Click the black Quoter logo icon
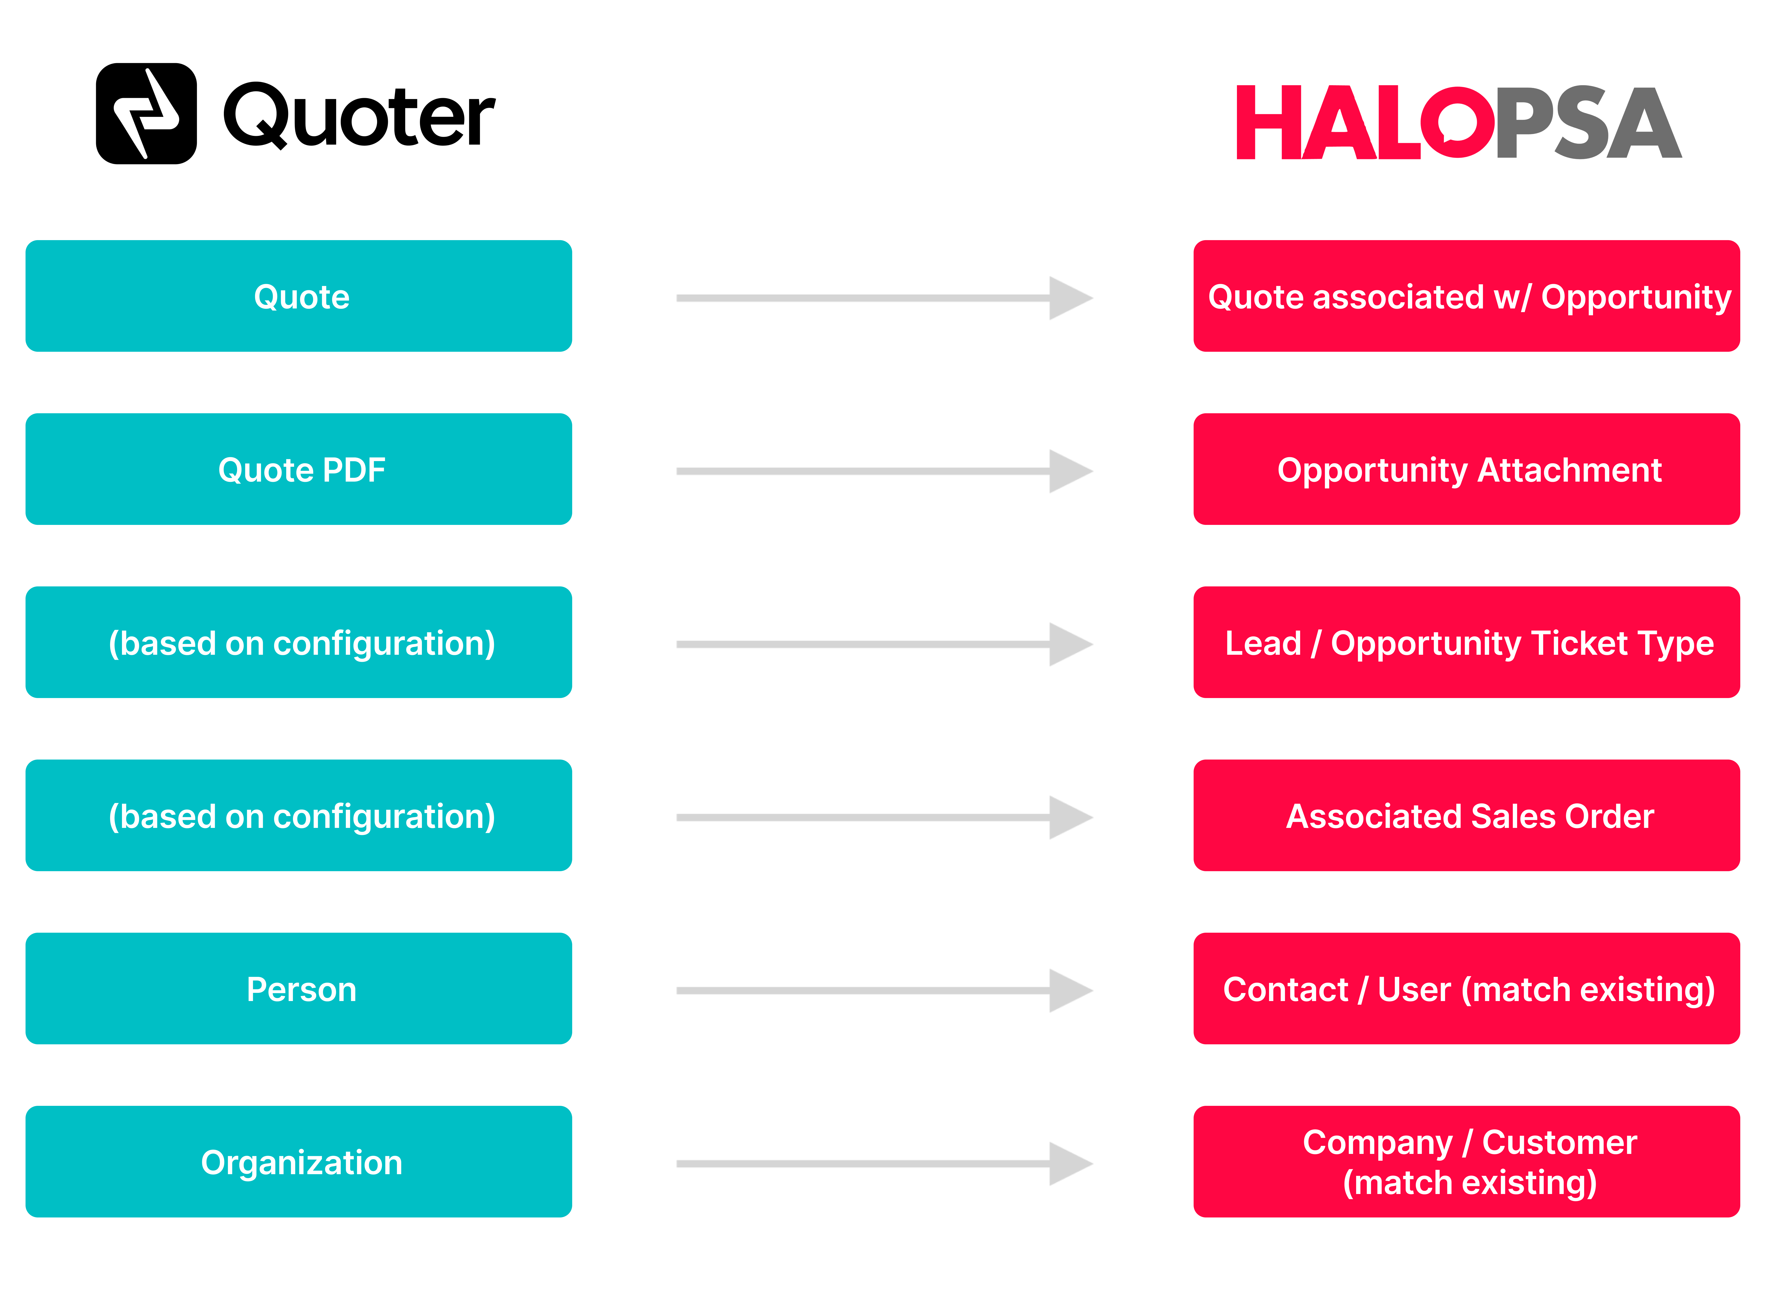click(x=146, y=114)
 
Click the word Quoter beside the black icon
click(x=359, y=116)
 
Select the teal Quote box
click(x=299, y=296)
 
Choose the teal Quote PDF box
click(x=299, y=470)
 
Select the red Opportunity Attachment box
click(x=1467, y=470)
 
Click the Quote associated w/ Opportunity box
click(x=1467, y=296)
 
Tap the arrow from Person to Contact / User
click(x=884, y=991)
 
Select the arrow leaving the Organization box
click(x=884, y=1164)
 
